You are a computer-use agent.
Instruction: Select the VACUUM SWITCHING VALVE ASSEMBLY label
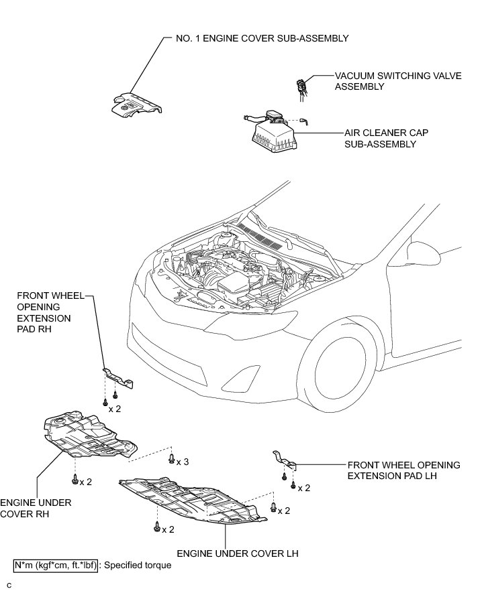pos(398,82)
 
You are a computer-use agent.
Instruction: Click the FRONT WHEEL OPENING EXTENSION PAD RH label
pos(44,312)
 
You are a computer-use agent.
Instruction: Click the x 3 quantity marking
pos(182,462)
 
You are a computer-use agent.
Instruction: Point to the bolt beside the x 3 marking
pos(172,459)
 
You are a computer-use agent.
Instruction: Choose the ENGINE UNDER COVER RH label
pos(27,508)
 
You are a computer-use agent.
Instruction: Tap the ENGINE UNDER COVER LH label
pos(237,553)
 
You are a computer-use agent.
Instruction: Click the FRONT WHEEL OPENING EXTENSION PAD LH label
pos(403,470)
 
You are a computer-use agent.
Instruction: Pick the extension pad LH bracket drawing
pos(285,460)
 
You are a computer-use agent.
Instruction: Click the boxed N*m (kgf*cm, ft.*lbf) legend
pos(56,566)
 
